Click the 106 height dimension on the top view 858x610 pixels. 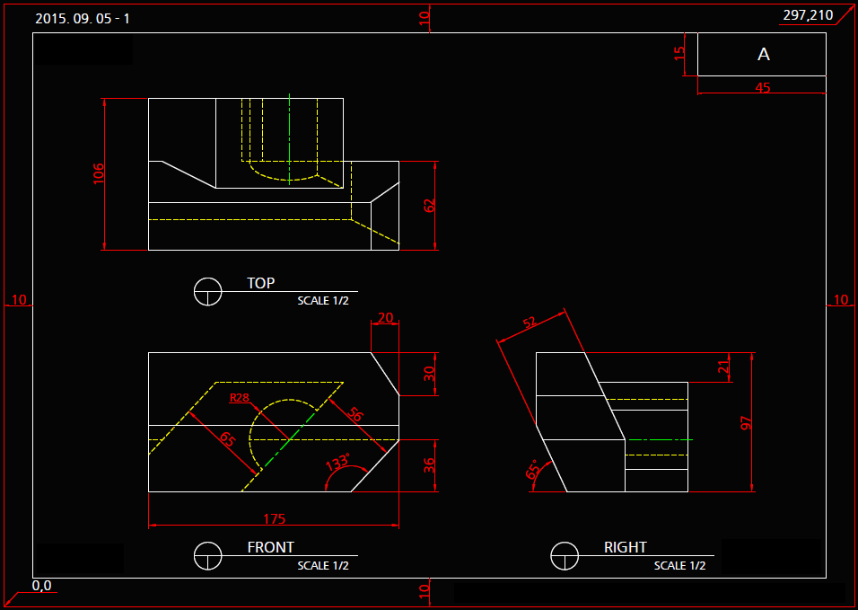coord(99,173)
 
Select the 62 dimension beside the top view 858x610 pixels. coord(429,205)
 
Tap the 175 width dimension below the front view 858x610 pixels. coord(274,518)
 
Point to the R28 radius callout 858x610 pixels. coord(240,398)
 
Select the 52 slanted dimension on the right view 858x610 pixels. coord(530,323)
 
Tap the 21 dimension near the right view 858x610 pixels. coord(724,367)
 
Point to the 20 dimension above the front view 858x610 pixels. coord(386,317)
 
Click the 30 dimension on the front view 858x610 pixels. coord(429,373)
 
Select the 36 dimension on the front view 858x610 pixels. coord(429,465)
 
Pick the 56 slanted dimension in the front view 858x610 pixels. coord(355,414)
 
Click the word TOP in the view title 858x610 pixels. coord(261,283)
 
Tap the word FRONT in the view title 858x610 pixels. coord(270,547)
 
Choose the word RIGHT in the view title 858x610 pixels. coord(626,547)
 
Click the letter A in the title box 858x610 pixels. coord(764,55)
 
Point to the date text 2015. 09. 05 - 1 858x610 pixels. coord(83,19)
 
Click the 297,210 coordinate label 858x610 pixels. coord(808,15)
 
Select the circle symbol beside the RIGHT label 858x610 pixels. coord(565,556)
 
